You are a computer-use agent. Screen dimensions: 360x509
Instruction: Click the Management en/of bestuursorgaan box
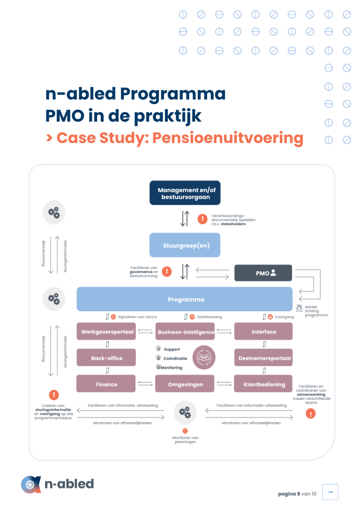click(185, 193)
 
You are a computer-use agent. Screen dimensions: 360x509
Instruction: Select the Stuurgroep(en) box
click(185, 245)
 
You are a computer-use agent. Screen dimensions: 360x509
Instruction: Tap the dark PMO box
click(263, 273)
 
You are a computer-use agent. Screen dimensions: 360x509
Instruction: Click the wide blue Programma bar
click(184, 299)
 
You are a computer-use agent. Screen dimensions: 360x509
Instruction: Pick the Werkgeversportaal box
click(106, 331)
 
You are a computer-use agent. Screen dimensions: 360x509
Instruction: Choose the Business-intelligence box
click(185, 331)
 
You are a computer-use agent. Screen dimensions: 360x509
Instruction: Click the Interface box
click(263, 331)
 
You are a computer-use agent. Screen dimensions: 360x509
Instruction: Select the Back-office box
click(106, 358)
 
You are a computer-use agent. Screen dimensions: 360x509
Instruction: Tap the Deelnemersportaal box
click(263, 358)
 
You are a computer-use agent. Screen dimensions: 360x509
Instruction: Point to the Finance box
click(106, 384)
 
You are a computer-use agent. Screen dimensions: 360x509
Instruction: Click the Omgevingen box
click(185, 384)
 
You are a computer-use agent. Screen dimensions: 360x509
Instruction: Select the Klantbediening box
click(263, 384)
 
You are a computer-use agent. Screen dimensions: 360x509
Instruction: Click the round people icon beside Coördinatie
click(204, 358)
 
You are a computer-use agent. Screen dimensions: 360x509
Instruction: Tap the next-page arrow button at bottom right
click(330, 492)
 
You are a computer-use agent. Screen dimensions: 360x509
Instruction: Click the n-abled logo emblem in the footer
click(31, 485)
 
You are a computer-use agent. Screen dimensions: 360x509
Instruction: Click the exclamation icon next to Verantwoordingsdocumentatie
click(202, 219)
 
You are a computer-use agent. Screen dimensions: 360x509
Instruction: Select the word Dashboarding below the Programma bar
click(210, 317)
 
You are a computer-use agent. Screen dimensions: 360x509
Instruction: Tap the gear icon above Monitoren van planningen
click(185, 412)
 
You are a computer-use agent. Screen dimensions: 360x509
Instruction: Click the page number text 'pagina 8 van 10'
click(297, 494)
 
